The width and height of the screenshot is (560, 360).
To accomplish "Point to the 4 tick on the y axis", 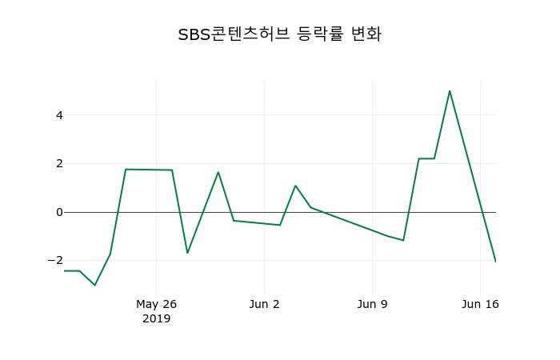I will pos(59,115).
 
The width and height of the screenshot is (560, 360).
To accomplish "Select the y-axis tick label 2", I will pos(59,163).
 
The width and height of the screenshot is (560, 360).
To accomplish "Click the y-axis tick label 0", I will pos(59,212).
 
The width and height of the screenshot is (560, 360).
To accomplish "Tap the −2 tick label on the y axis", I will pos(55,261).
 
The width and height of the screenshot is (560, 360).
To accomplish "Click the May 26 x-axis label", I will pos(156,304).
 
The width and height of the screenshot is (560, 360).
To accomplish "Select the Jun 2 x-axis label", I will pos(265,304).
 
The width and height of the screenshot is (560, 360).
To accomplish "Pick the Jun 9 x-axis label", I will pos(373,304).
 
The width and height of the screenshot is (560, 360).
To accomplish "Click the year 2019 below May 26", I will pos(156,318).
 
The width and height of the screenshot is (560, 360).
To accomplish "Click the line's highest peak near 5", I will pos(450,90).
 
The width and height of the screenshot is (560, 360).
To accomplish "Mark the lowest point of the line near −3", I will pos(94,285).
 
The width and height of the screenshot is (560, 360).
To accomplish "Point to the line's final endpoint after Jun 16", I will pos(495,262).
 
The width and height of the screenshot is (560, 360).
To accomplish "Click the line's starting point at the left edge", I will pos(64,270).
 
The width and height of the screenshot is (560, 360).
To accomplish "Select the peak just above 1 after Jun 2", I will pos(295,186).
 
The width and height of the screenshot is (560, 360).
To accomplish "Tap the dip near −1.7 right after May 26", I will pos(187,253).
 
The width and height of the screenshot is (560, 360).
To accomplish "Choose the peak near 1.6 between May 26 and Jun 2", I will pos(218,172).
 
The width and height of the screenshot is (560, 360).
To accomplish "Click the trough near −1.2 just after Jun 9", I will pos(403,240).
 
